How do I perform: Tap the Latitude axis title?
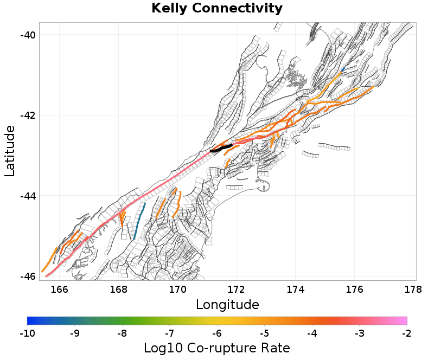tap(10, 151)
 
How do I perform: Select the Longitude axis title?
tap(227, 304)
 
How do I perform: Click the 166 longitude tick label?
tap(59, 289)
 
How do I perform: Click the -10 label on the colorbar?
tap(27, 332)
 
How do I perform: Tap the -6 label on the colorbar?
tap(217, 332)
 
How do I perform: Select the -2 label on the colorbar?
tap(406, 332)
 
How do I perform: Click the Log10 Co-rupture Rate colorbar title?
tap(217, 348)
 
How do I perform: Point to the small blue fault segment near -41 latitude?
tap(342, 69)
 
